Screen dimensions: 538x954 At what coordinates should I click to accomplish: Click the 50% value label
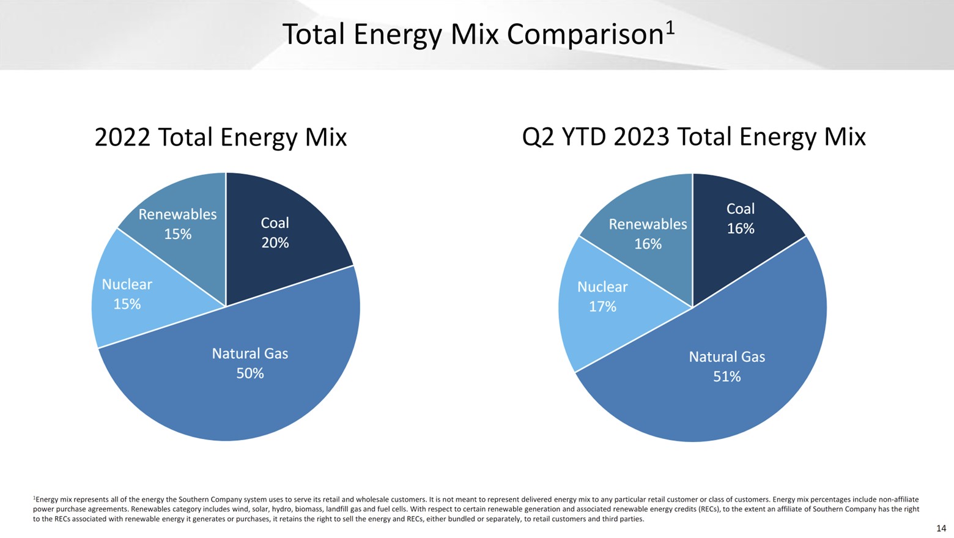pyautogui.click(x=250, y=374)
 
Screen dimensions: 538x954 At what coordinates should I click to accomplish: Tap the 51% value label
pyautogui.click(x=727, y=377)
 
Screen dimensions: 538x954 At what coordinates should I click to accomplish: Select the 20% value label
pyautogui.click(x=275, y=243)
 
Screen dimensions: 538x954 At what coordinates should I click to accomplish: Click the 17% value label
pyautogui.click(x=602, y=307)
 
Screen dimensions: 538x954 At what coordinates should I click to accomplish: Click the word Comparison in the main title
pyautogui.click(x=585, y=35)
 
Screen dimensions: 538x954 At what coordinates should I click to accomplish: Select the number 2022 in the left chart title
pyautogui.click(x=122, y=137)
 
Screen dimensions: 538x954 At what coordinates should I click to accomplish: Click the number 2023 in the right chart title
pyautogui.click(x=641, y=137)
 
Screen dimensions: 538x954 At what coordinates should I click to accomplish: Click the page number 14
pyautogui.click(x=941, y=528)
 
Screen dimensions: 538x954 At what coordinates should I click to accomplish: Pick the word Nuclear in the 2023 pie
pyautogui.click(x=602, y=287)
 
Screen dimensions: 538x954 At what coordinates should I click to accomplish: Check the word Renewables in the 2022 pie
pyautogui.click(x=177, y=215)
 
